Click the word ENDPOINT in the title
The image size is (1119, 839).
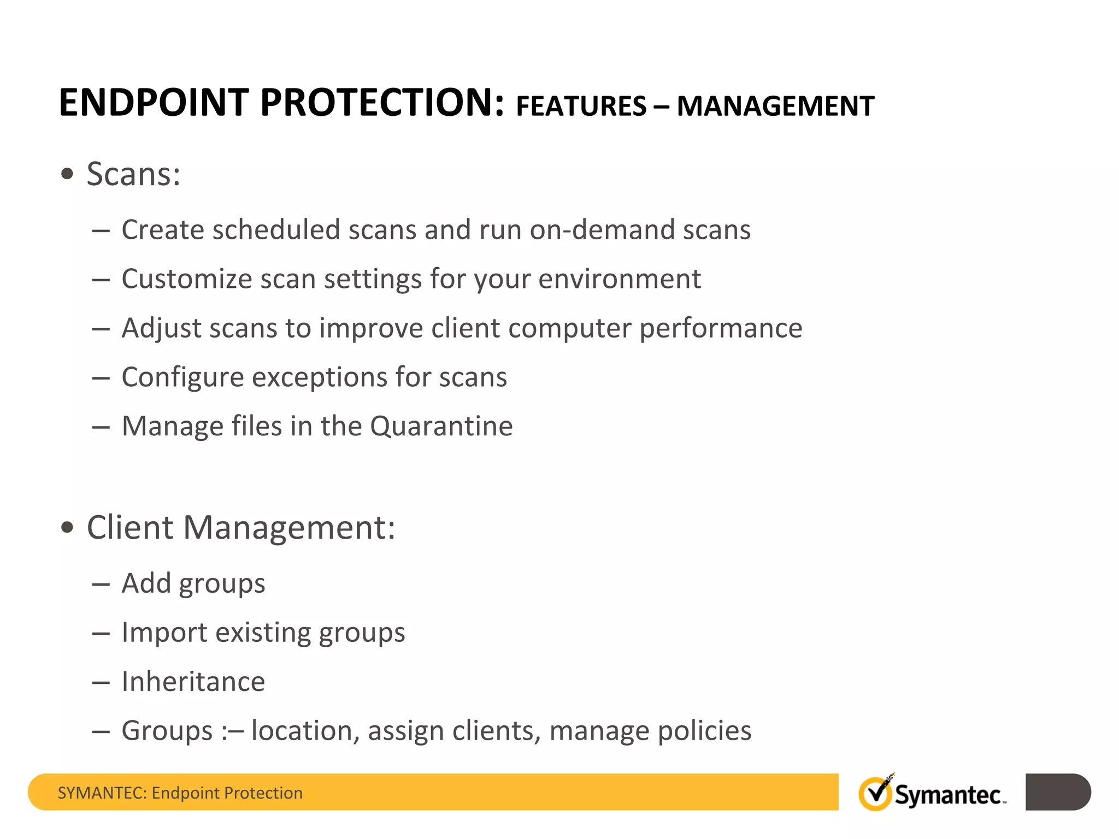pyautogui.click(x=154, y=103)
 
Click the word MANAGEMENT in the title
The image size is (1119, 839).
pyautogui.click(x=775, y=107)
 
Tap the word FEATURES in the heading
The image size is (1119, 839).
pyautogui.click(x=581, y=107)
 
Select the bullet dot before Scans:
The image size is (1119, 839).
pyautogui.click(x=67, y=174)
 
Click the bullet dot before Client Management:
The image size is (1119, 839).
pyautogui.click(x=67, y=528)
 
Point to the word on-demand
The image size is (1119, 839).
pyautogui.click(x=602, y=229)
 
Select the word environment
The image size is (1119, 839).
pyautogui.click(x=619, y=279)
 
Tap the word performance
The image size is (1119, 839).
pyautogui.click(x=721, y=329)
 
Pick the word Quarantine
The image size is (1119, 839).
pyautogui.click(x=441, y=426)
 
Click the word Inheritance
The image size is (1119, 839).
pyautogui.click(x=193, y=682)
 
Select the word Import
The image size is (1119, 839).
pyautogui.click(x=164, y=633)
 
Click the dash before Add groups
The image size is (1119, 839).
pyautogui.click(x=101, y=584)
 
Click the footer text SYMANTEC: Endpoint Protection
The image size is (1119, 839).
pyautogui.click(x=180, y=793)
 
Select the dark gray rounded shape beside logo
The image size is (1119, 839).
pyautogui.click(x=1057, y=791)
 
